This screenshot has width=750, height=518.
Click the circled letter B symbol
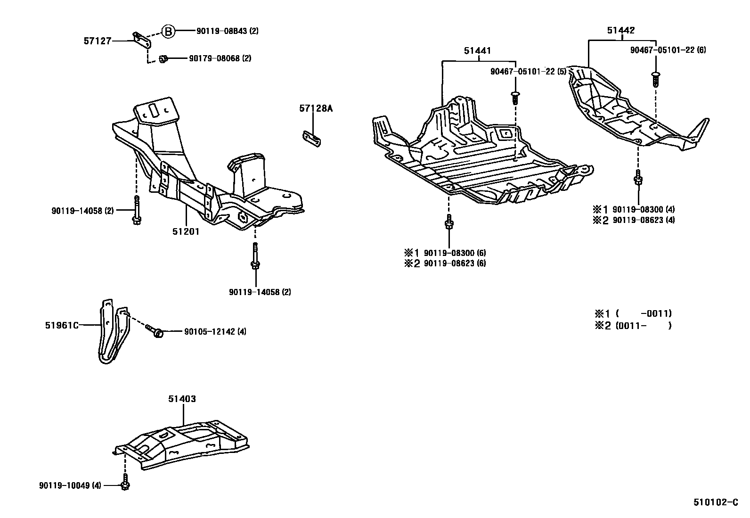(x=168, y=32)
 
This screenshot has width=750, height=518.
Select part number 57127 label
(x=98, y=41)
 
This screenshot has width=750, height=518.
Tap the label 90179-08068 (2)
(x=220, y=58)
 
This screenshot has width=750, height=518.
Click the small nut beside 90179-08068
(x=163, y=59)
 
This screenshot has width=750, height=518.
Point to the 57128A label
(x=316, y=108)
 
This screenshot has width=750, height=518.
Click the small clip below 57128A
(x=311, y=139)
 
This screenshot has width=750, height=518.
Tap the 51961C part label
(x=62, y=325)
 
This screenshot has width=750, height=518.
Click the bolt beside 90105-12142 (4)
(x=155, y=331)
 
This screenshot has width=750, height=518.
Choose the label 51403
(x=182, y=399)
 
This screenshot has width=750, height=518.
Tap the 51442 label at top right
(x=620, y=31)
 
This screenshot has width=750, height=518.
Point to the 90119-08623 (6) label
(x=455, y=263)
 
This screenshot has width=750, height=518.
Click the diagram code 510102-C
(x=715, y=502)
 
